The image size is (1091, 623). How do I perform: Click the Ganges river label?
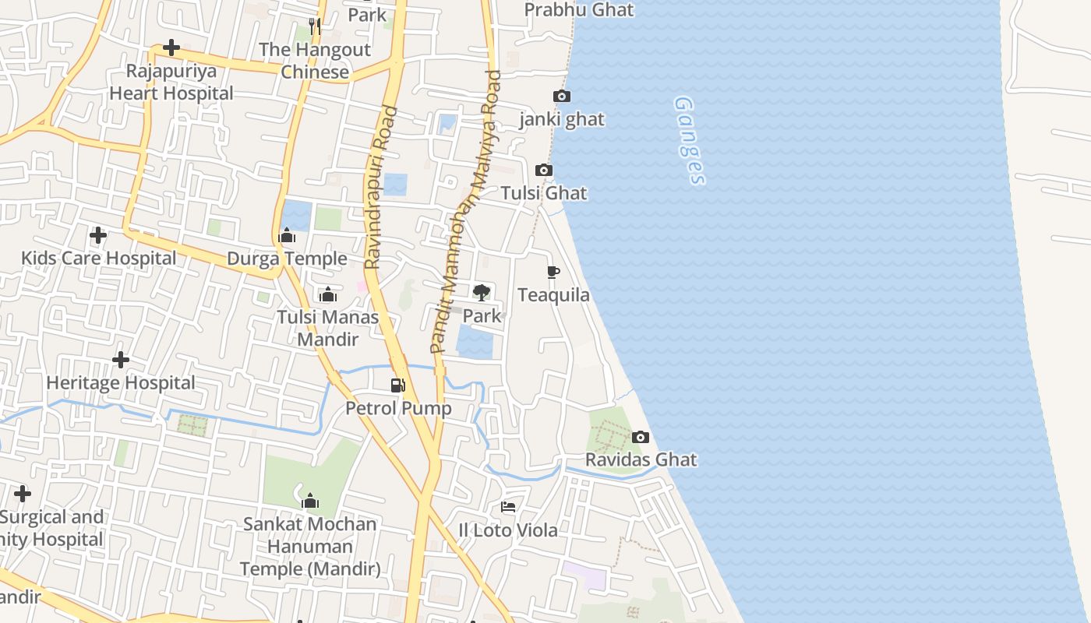point(690,140)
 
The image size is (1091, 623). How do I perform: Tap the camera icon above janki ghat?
point(561,97)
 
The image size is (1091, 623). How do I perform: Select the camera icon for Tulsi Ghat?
point(544,171)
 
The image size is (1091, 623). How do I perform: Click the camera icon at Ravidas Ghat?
point(641,438)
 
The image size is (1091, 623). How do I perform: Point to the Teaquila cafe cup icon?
point(553,273)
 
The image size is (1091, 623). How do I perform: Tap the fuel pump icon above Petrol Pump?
point(398,385)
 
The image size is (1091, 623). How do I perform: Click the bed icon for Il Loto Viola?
point(508,508)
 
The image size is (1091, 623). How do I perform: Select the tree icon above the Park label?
point(482,293)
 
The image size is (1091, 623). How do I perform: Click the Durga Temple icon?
point(287,236)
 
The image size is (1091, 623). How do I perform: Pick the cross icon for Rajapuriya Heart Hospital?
point(171,48)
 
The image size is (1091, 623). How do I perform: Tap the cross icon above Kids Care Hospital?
point(98,234)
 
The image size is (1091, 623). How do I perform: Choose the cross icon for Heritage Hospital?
point(121,360)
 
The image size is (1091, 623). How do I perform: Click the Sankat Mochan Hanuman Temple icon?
point(310,501)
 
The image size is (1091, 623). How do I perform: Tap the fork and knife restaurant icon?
point(315,26)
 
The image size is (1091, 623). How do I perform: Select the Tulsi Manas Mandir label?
point(328,328)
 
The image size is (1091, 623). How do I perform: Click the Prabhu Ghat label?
point(579,10)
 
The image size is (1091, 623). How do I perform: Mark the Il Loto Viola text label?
point(508,530)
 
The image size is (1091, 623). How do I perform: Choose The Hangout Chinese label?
point(315,61)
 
